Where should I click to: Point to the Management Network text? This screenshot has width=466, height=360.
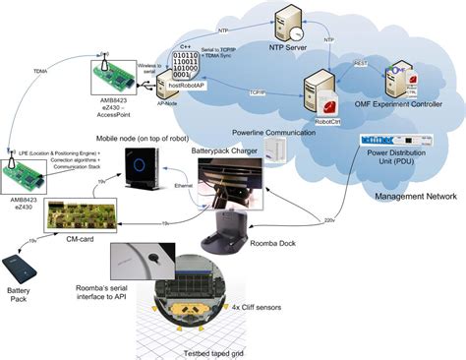coord(416,197)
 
